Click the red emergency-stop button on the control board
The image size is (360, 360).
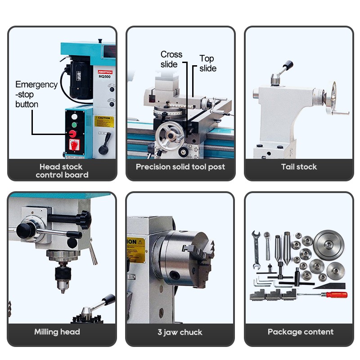72,134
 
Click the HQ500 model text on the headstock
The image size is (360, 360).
105,76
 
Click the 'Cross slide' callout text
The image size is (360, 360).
171,59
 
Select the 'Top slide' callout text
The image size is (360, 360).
207,63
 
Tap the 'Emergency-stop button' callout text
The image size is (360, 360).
36,94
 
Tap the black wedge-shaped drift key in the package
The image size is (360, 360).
330,285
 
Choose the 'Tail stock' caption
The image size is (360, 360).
299,167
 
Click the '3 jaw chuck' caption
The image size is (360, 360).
180,333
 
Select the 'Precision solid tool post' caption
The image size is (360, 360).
180,167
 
